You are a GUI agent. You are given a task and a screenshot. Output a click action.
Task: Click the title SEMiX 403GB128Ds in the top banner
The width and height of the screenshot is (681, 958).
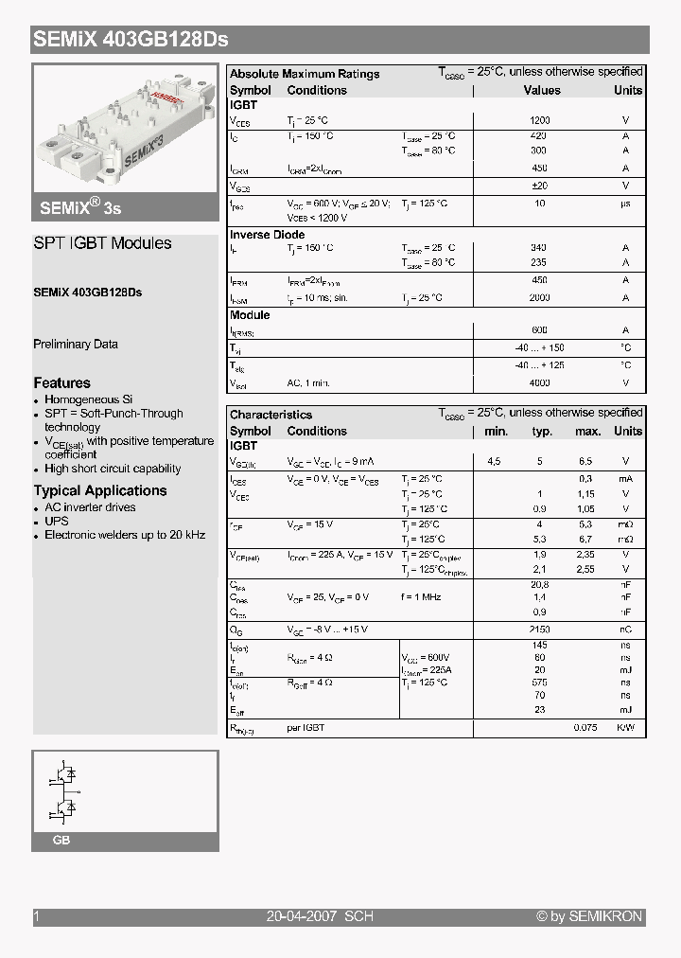tap(131, 40)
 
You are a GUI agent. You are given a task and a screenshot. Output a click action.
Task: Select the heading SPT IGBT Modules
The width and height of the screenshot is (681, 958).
tap(102, 243)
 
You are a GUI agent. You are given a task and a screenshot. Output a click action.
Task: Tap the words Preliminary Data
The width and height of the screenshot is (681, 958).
tap(76, 345)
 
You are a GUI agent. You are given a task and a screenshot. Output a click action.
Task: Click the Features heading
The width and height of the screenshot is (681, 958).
tap(62, 383)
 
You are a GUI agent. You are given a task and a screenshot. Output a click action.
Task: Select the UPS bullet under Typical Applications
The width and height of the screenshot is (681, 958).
tap(57, 522)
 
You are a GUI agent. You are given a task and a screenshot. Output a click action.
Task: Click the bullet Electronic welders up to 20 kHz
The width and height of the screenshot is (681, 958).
tap(125, 535)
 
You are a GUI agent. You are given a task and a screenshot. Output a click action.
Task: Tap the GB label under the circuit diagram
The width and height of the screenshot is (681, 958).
tap(61, 841)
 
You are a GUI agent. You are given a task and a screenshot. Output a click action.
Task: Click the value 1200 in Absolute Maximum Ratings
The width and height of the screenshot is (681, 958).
tap(539, 121)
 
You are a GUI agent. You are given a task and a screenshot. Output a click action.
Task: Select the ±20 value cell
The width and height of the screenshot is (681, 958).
tap(539, 186)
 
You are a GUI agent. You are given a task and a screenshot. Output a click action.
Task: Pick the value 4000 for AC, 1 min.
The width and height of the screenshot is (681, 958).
tap(539, 383)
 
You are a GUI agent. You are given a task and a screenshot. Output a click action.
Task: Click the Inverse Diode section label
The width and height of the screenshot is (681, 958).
tap(268, 235)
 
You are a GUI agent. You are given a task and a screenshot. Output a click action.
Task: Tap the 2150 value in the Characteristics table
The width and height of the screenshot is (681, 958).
tap(540, 630)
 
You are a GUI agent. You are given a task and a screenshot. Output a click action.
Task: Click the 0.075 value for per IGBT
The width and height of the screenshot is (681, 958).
tap(587, 728)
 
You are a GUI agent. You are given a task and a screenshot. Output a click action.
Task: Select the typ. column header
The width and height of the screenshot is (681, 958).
tap(542, 432)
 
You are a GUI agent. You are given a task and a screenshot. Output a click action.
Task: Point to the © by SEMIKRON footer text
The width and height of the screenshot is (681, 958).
tap(589, 916)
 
